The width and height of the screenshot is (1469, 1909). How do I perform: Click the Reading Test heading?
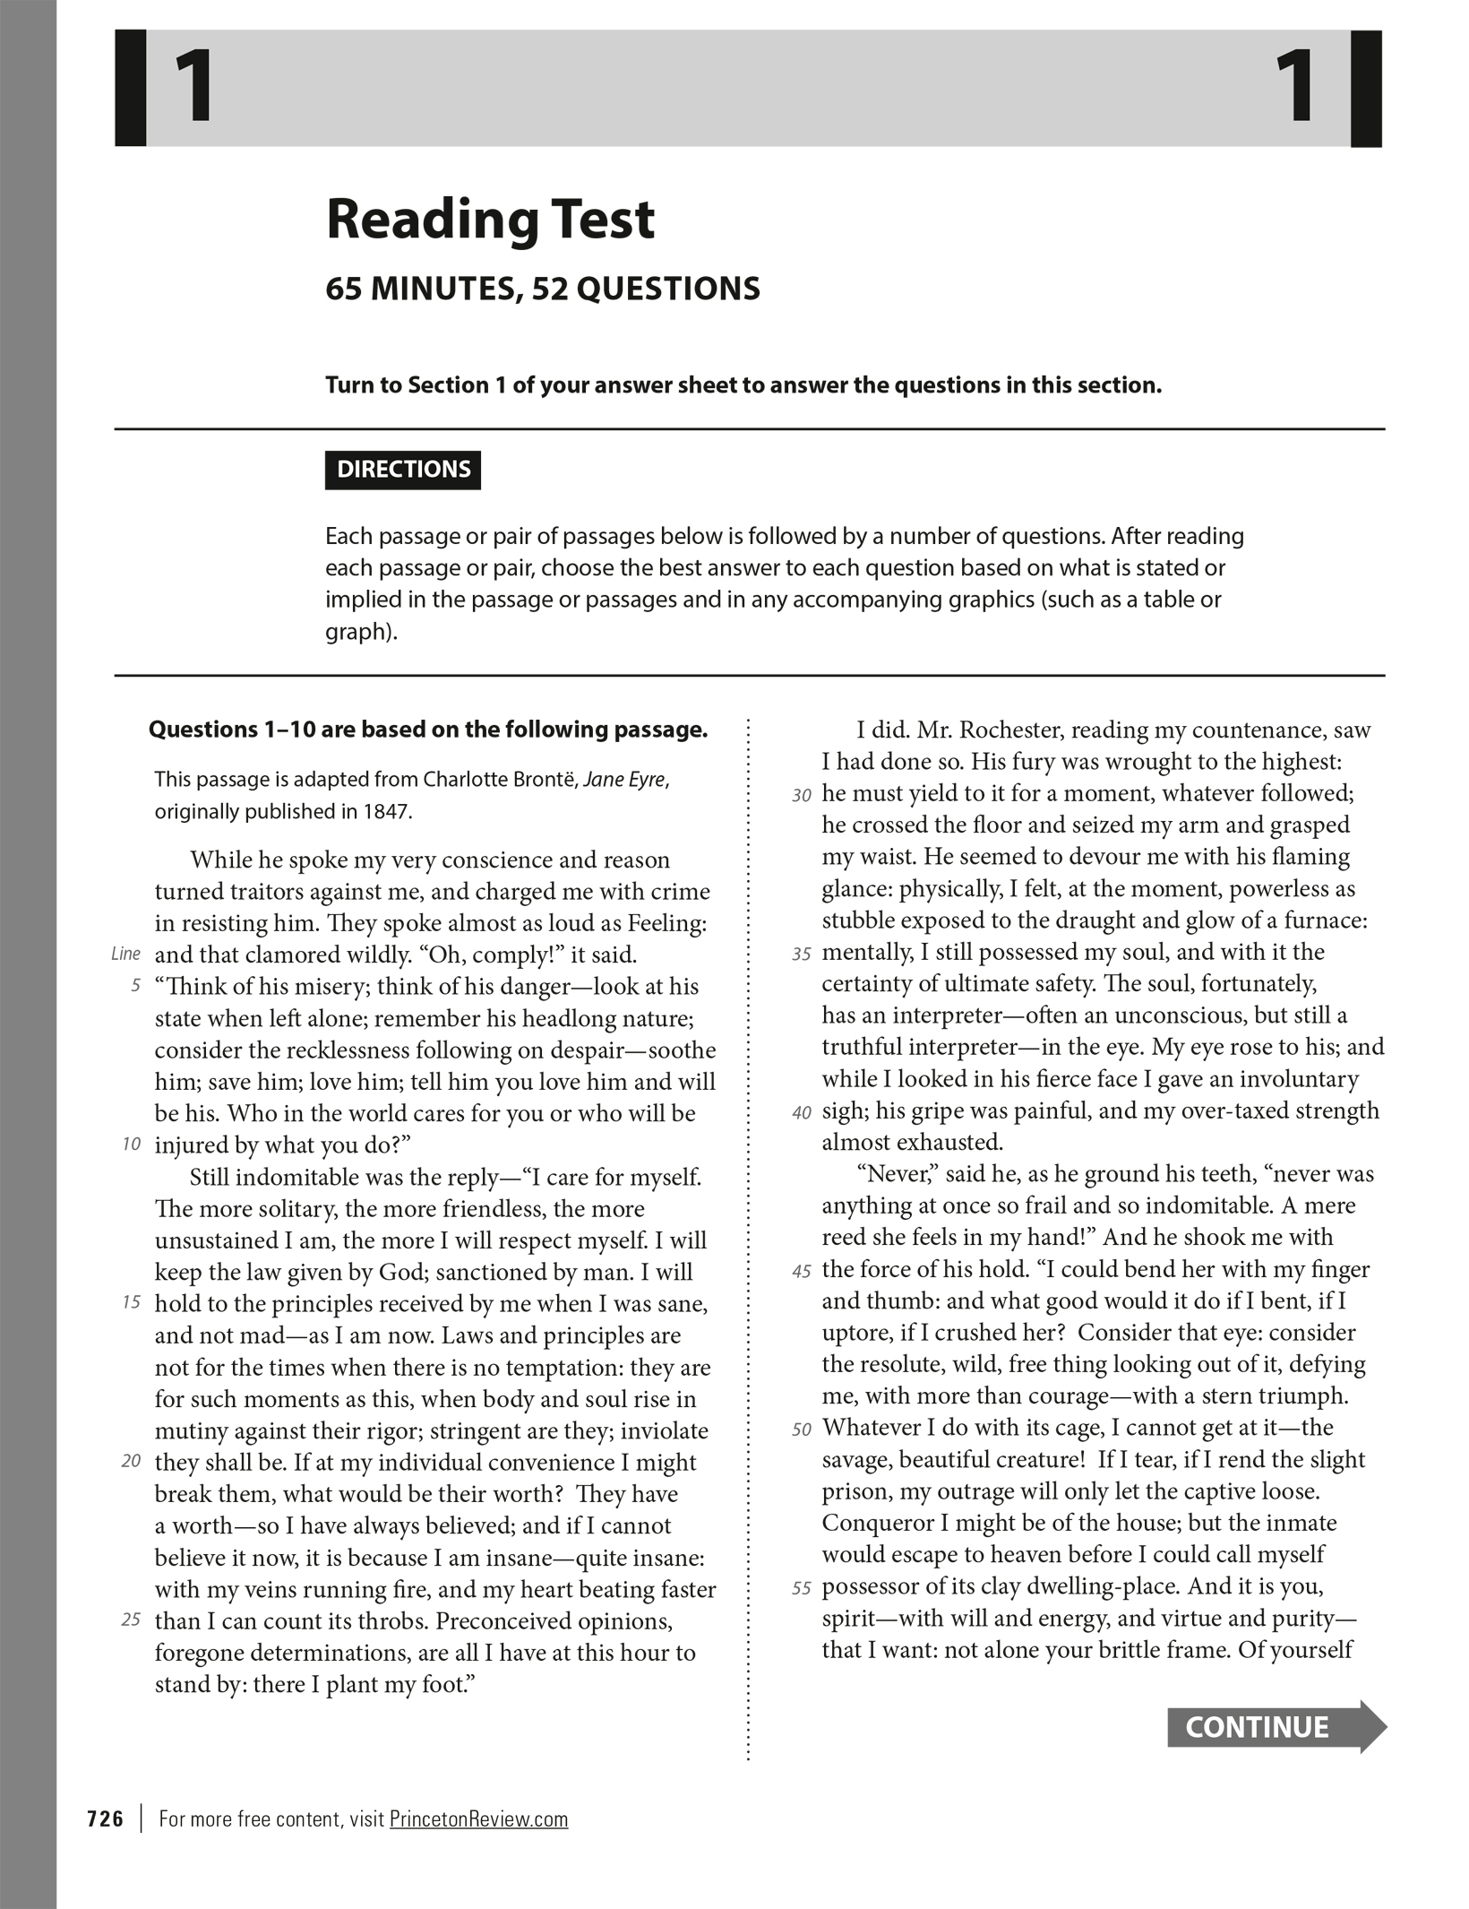click(x=490, y=220)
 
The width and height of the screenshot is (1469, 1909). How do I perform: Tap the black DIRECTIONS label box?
click(x=403, y=470)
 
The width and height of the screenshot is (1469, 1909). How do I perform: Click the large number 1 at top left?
click(x=194, y=88)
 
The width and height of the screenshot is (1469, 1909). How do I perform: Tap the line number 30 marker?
click(x=802, y=795)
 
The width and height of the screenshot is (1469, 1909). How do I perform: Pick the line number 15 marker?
click(x=132, y=1302)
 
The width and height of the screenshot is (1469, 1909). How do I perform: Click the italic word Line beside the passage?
click(x=125, y=954)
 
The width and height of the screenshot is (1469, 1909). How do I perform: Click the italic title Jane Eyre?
click(x=624, y=780)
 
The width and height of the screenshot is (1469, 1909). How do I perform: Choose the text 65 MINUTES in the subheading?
click(x=420, y=289)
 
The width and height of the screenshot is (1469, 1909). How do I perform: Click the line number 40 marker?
click(x=802, y=1113)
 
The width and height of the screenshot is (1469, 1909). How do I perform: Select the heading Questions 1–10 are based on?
click(x=428, y=730)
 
